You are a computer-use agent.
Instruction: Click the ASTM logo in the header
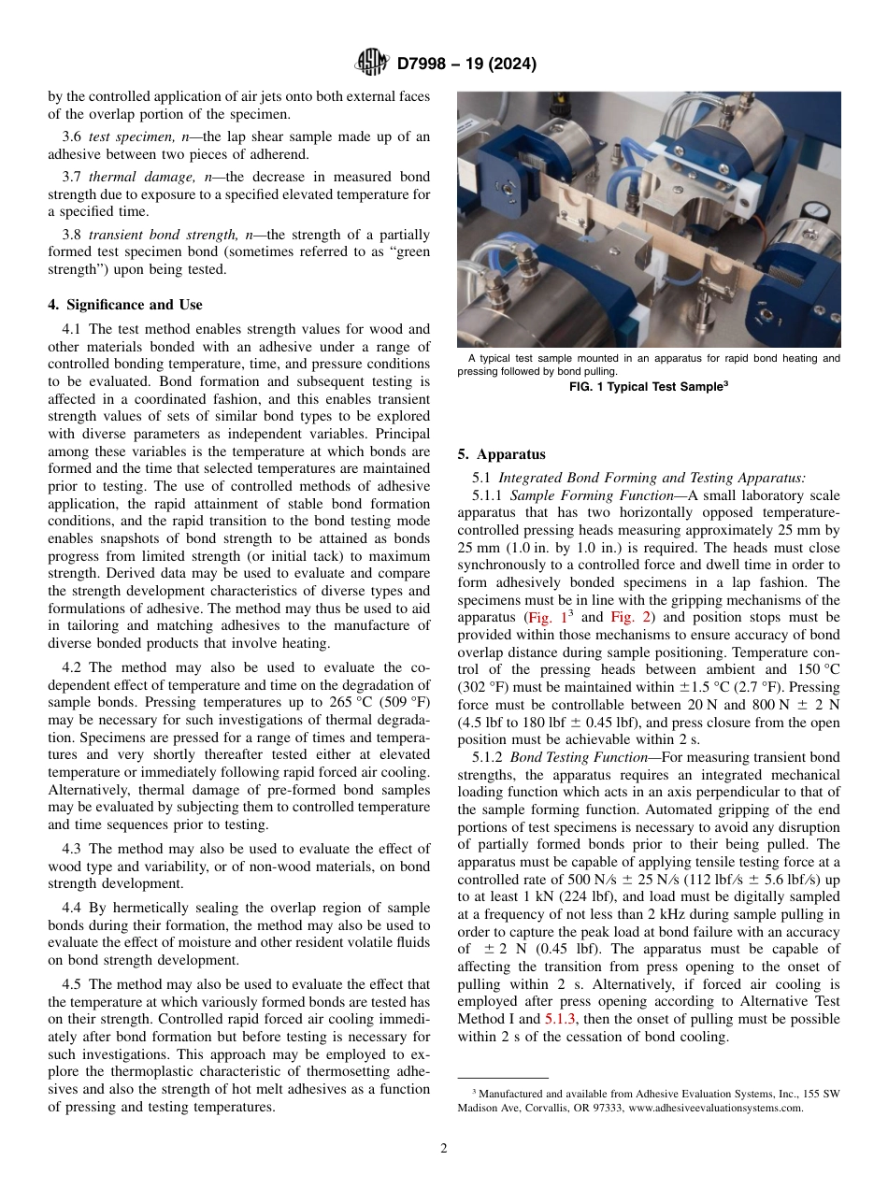click(x=371, y=64)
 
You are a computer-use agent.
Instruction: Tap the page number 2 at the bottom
click(x=443, y=1149)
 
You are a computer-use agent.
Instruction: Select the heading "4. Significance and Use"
click(x=124, y=305)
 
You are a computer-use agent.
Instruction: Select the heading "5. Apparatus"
click(x=501, y=454)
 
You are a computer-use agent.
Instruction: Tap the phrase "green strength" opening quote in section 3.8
click(x=390, y=252)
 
